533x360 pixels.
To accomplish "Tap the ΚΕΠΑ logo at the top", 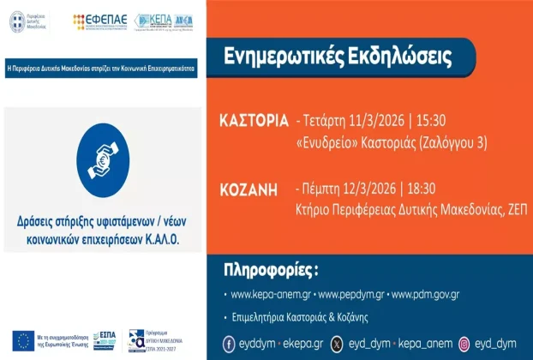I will tap(153, 21).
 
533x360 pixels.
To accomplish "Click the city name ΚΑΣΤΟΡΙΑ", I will tap(255, 120).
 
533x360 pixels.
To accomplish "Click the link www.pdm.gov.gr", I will tap(425, 294).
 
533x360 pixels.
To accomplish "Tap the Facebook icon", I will tap(230, 343).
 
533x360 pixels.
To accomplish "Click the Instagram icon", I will tap(464, 343).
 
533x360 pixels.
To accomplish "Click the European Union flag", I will tap(23, 339).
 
